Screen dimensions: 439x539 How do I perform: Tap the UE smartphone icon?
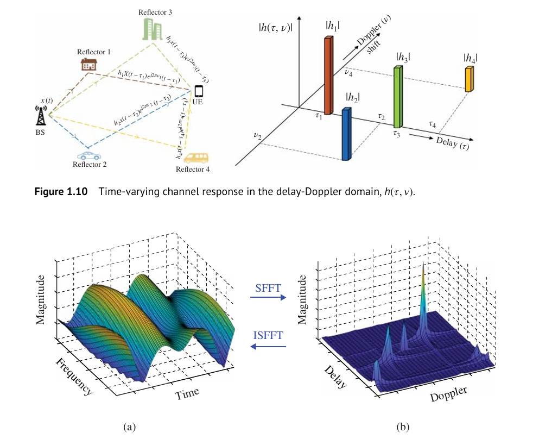point(199,90)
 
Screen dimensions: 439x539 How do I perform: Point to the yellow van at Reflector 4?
point(195,158)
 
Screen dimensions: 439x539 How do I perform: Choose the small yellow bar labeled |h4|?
point(470,78)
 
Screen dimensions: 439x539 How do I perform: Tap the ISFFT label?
point(268,335)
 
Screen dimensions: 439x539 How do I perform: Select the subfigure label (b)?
point(402,427)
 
